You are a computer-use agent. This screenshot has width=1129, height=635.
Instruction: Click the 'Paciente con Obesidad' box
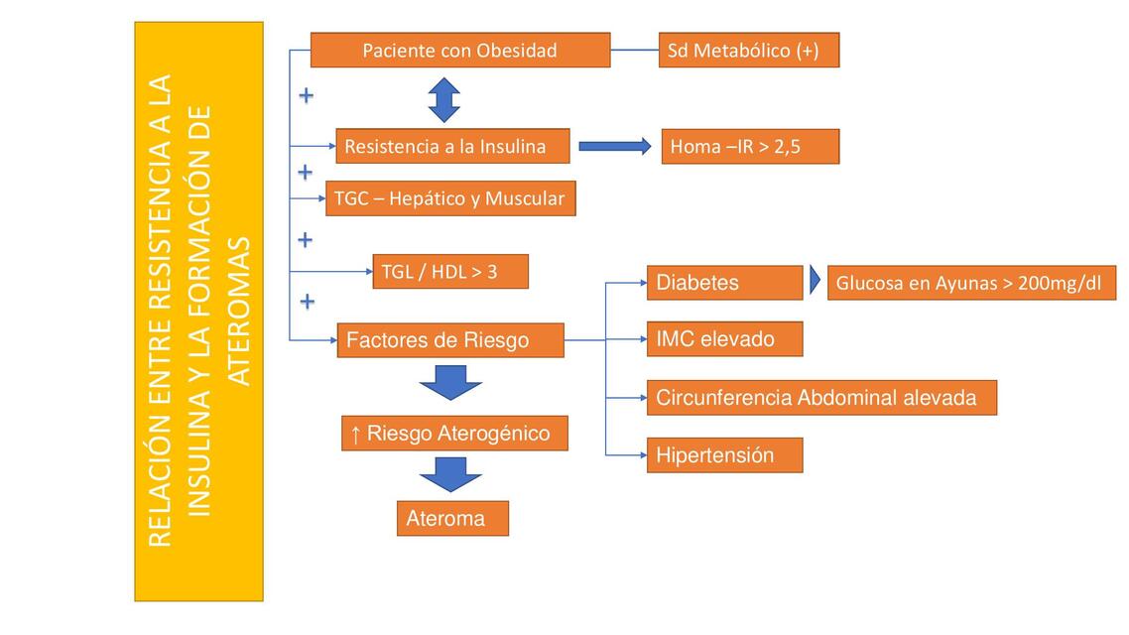[459, 50]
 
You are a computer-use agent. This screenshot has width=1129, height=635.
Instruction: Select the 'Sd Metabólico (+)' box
[748, 50]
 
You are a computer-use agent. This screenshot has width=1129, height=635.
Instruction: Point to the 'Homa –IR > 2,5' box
[750, 146]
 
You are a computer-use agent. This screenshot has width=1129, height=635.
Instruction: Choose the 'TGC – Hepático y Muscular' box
[449, 198]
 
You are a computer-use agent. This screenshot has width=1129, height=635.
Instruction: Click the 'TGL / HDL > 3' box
[450, 271]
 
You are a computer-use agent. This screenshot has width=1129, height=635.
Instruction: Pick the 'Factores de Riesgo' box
[450, 340]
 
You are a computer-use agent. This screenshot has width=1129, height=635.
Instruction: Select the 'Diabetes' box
[723, 283]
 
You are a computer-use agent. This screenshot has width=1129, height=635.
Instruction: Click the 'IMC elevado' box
[723, 339]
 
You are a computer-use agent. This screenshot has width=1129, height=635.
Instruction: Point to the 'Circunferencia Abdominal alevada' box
[820, 398]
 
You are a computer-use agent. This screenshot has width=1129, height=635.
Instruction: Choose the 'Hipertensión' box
[723, 456]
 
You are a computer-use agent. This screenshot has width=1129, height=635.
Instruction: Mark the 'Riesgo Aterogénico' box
[455, 434]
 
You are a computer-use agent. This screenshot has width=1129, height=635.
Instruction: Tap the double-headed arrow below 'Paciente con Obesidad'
[444, 100]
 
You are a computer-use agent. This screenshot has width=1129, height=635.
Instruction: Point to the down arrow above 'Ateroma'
[451, 474]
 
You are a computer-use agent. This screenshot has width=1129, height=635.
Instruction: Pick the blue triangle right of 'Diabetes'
[815, 282]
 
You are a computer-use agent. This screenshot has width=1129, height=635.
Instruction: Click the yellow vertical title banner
[198, 312]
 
